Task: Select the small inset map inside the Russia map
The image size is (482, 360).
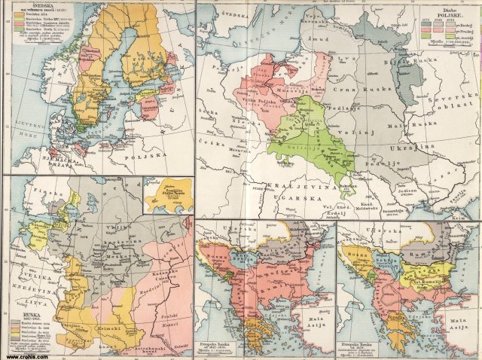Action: [x=166, y=195]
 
